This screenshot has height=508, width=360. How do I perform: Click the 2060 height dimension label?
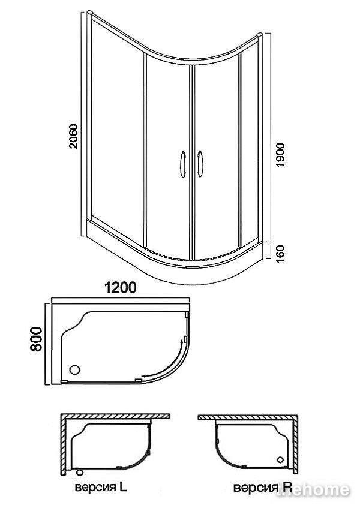74,136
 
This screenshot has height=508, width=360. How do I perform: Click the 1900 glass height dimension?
280,155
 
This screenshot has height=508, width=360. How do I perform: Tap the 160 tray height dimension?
280,254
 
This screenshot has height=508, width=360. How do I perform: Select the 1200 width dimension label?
120,287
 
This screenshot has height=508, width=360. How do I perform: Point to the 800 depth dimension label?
36,339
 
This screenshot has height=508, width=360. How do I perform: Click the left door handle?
183,164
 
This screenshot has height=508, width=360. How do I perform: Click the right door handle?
200,164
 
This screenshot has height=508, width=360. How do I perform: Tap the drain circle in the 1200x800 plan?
75,369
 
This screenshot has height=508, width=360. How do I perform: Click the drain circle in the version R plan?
280,460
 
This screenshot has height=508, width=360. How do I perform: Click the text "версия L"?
101,487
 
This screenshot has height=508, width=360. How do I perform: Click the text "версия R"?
263,487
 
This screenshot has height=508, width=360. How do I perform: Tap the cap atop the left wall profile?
90,13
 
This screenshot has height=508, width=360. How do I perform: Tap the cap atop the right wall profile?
259,35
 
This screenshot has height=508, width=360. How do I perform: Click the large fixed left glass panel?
117,130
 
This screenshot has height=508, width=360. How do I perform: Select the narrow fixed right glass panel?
250,146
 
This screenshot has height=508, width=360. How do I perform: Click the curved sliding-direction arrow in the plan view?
165,362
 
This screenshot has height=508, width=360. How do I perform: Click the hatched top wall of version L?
115,416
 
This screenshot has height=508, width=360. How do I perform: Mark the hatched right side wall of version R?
295,444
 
